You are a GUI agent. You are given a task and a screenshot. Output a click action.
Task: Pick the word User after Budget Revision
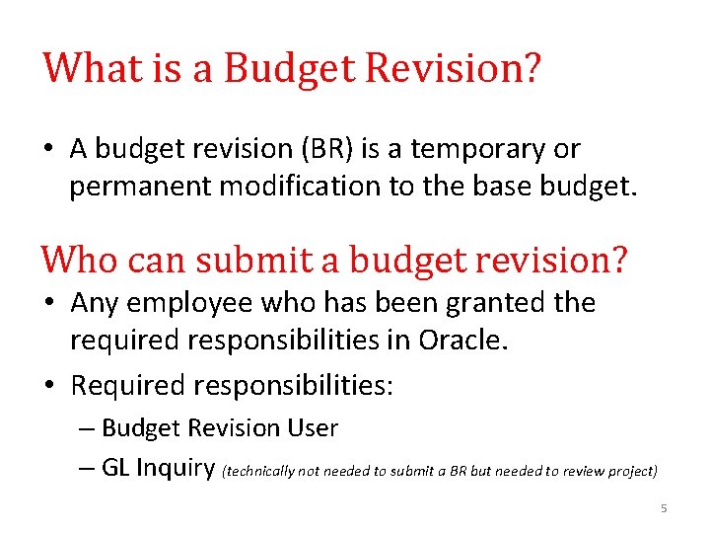[x=312, y=428]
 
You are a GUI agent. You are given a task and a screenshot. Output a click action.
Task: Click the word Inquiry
[x=177, y=467]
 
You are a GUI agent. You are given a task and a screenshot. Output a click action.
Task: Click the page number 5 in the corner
[x=664, y=508]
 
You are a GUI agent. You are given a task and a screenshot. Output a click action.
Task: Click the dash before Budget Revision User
[x=87, y=428]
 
